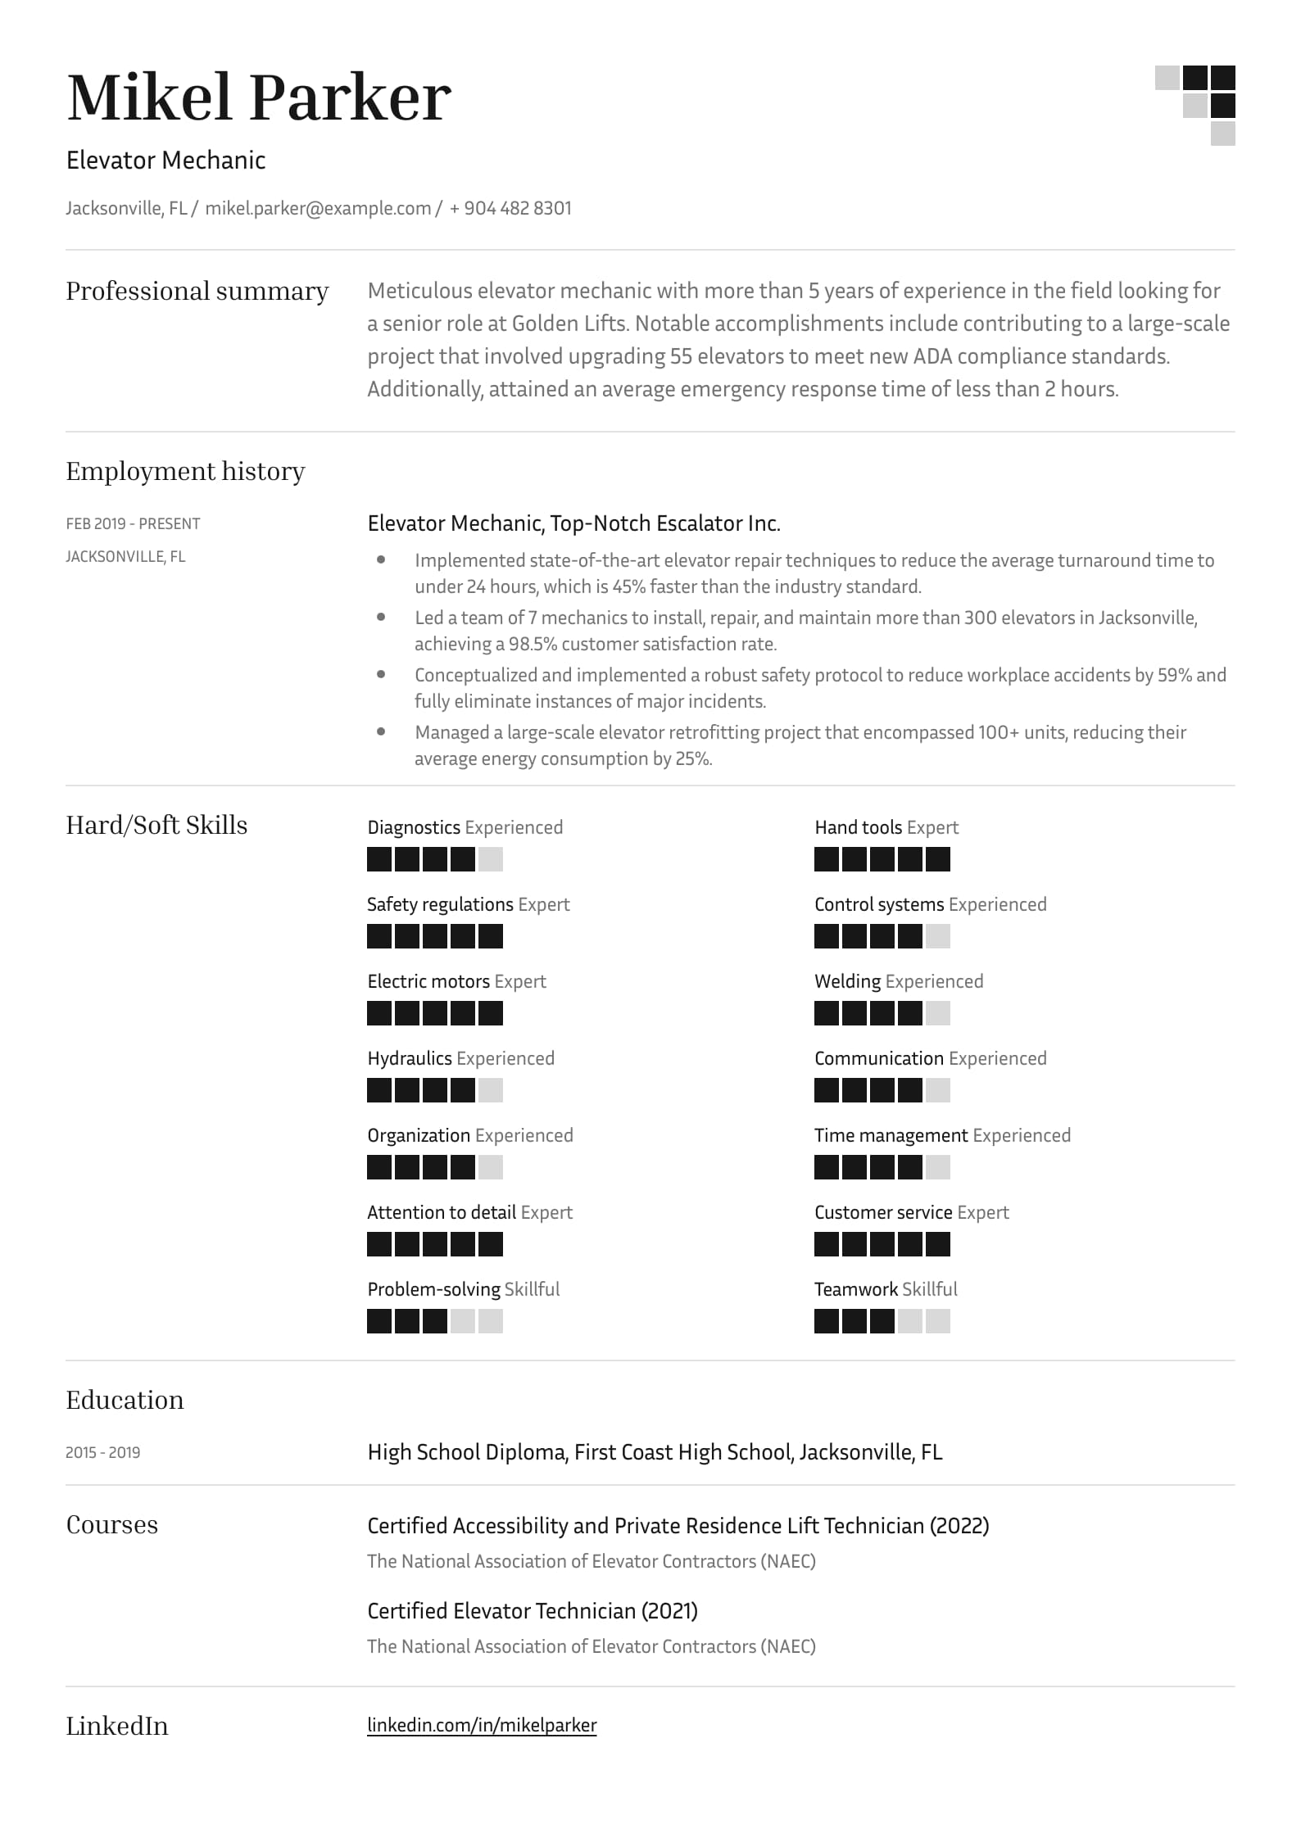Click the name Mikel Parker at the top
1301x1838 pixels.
pos(258,97)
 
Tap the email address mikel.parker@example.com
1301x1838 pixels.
pos(318,208)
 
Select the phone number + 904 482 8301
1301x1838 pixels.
pos(510,208)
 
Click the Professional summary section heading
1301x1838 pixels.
pos(197,291)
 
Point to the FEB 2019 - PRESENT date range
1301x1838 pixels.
pos(133,523)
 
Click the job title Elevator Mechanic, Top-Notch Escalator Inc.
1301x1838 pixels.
pos(573,523)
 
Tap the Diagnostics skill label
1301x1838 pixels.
pos(414,827)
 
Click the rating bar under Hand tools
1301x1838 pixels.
pos(882,859)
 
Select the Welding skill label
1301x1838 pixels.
pos(847,981)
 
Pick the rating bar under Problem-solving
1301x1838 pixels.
pos(434,1321)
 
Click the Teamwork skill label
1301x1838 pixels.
pos(856,1289)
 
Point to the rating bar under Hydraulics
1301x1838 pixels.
pos(434,1090)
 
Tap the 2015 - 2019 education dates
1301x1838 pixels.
pos(102,1452)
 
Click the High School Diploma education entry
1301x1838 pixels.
pos(655,1452)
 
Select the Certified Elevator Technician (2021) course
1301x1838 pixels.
pos(532,1611)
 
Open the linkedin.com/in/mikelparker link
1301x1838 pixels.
pos(482,1725)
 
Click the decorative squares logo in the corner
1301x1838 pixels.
pos(1195,105)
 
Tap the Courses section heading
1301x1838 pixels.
pos(111,1524)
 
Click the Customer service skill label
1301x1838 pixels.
pos(882,1212)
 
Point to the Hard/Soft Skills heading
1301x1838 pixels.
pos(156,825)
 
